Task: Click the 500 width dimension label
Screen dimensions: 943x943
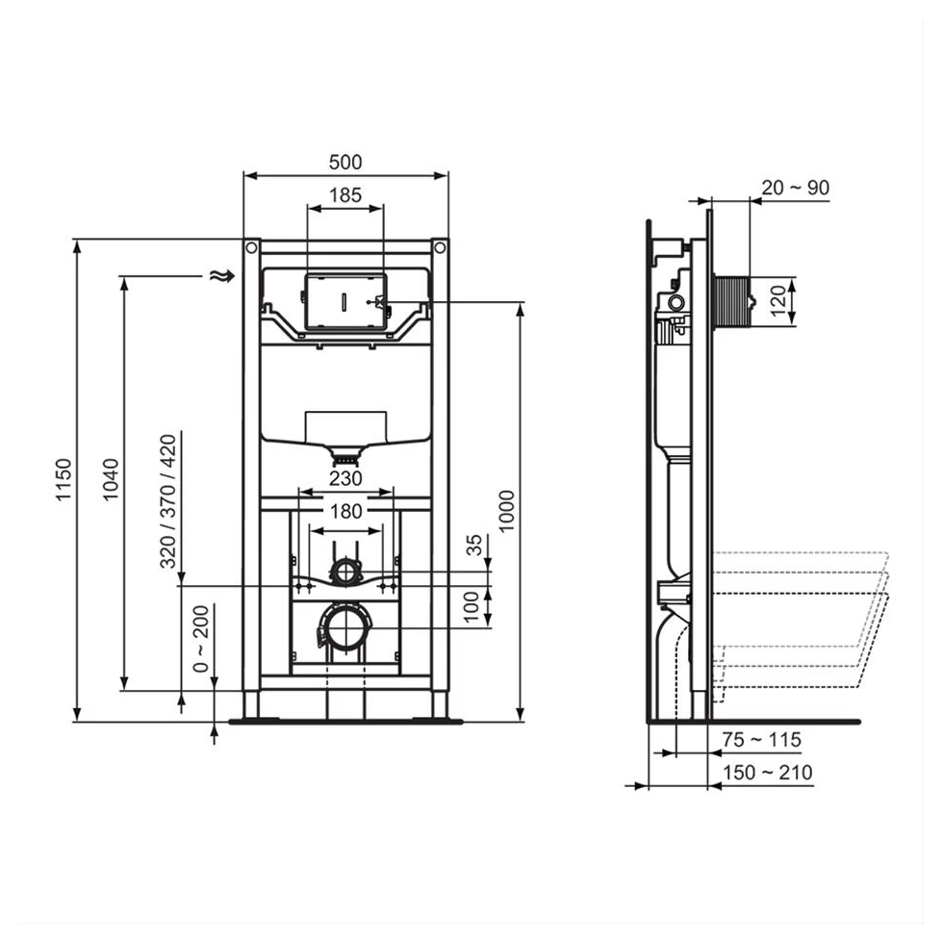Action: coord(345,163)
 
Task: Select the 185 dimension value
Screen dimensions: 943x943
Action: coord(345,195)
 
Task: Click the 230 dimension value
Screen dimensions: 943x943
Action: coord(345,478)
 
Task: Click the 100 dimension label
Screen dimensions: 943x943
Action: coord(473,607)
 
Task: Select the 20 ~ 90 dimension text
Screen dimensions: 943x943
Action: coord(795,188)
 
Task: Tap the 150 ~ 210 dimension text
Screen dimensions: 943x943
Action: coord(767,772)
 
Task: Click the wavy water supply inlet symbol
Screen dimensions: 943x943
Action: coord(221,276)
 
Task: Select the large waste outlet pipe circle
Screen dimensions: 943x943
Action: coord(344,628)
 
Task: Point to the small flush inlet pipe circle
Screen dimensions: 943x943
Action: coord(344,572)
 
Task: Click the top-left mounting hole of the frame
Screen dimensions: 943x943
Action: coord(251,248)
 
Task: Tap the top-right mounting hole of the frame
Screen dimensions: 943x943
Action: coord(440,248)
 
